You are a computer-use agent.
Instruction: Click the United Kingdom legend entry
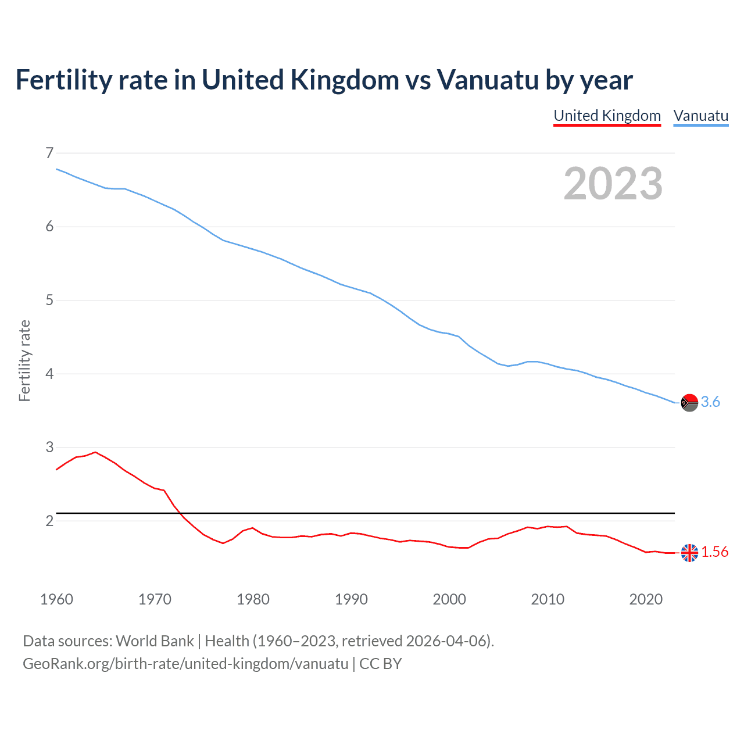point(607,116)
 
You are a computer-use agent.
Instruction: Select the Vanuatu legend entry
point(700,116)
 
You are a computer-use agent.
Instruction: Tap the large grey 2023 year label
point(613,184)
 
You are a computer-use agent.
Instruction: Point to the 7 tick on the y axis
point(49,153)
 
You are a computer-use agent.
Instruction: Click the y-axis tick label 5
point(49,300)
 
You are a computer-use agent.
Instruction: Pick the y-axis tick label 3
point(49,447)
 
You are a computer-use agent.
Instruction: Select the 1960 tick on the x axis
point(56,599)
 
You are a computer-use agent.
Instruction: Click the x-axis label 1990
point(351,599)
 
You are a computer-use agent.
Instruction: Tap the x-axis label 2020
point(646,599)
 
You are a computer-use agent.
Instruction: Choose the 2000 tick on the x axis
point(449,599)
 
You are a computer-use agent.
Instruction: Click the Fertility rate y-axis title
point(24,360)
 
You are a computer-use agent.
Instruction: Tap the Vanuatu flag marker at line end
point(689,402)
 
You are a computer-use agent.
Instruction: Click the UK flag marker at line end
point(689,553)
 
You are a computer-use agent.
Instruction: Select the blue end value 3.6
point(710,402)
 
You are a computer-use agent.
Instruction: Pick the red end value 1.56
point(714,552)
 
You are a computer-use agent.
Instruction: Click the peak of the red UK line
point(95,452)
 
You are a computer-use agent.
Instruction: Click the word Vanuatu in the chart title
point(488,80)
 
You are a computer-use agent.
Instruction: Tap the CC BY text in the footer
point(381,664)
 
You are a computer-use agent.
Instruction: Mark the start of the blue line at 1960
point(57,169)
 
